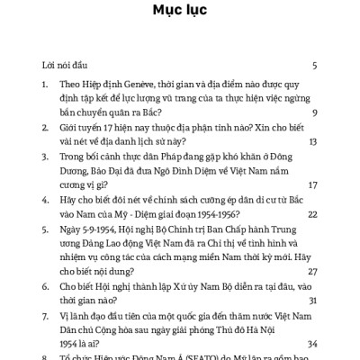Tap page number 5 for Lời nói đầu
click(314, 67)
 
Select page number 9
click(314, 113)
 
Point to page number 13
click(312, 141)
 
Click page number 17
click(312, 184)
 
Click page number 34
click(311, 343)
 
